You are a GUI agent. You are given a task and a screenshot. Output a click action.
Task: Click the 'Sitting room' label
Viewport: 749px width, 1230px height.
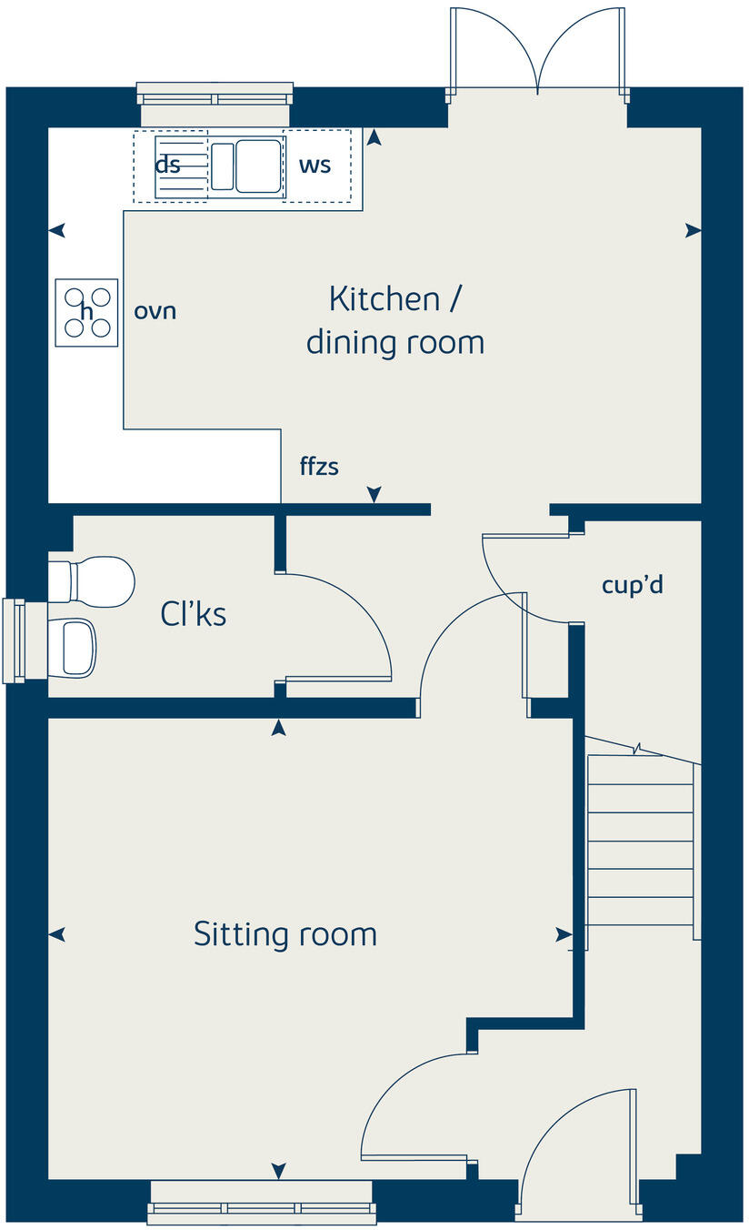[285, 934]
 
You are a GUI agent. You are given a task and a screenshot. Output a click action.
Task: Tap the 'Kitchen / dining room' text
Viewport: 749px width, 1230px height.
[394, 320]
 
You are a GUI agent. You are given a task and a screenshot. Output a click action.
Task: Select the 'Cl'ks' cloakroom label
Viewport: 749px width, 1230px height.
[193, 615]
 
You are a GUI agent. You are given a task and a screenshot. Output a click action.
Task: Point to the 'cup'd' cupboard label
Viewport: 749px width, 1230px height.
[632, 585]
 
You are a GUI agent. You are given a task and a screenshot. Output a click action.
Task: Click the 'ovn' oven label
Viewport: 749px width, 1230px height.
[155, 311]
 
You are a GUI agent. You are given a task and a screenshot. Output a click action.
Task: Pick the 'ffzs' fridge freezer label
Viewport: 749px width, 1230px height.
[319, 467]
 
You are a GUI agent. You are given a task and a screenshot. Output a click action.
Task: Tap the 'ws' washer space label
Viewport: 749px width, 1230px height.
[315, 165]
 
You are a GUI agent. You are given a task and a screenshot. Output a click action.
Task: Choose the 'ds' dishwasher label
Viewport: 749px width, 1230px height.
[167, 166]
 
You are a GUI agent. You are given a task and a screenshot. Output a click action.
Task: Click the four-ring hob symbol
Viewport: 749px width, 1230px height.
[86, 312]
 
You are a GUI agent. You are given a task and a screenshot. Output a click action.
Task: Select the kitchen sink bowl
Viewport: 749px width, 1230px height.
[257, 165]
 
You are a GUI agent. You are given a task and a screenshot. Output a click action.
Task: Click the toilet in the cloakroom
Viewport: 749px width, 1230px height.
[94, 580]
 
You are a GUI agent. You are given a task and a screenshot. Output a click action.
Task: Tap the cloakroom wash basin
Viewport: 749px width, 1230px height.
[75, 647]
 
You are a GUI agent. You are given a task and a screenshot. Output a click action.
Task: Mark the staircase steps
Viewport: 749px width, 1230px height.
[641, 842]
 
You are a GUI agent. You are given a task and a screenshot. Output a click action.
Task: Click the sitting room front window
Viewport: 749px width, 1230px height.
[261, 1201]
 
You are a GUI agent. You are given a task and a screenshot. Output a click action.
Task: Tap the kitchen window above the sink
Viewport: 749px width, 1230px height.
[215, 94]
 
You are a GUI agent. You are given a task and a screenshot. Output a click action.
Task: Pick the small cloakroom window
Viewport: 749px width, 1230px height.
[14, 640]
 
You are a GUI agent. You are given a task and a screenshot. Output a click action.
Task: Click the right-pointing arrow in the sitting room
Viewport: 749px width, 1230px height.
[564, 934]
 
